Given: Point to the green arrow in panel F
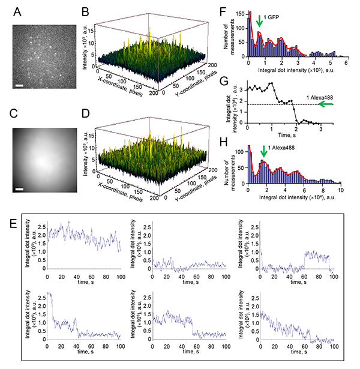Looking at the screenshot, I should click(259, 21).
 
